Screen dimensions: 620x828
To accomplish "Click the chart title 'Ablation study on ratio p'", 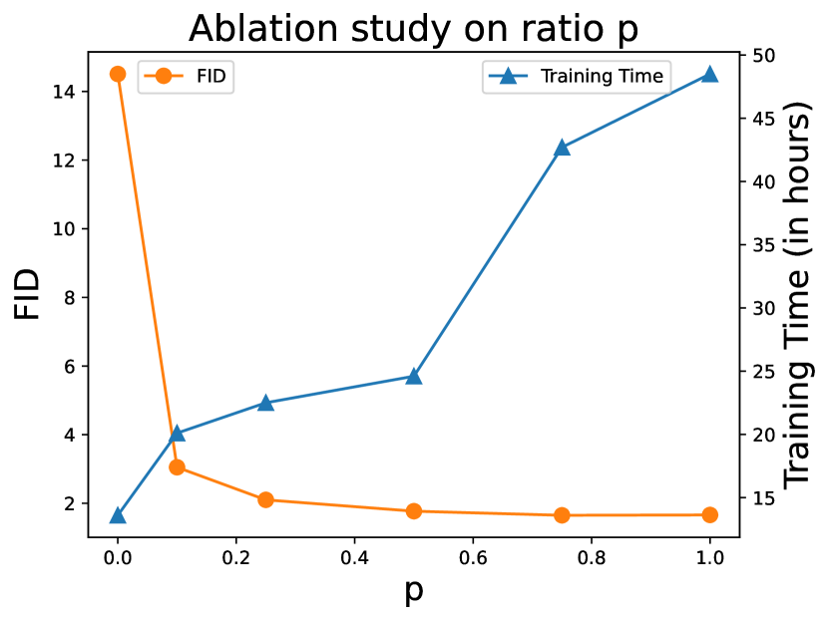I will tap(413, 28).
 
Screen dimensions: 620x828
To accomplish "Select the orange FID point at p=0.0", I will tap(118, 74).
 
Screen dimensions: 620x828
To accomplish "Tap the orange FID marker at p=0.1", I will tap(177, 466).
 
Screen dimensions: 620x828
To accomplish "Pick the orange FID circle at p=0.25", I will tap(265, 499).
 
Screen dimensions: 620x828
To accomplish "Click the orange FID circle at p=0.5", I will tap(414, 511).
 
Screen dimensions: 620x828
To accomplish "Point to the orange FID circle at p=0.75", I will tap(562, 515).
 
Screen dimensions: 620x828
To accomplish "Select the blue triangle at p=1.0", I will tap(709, 74).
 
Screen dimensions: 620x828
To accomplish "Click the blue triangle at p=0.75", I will tap(562, 147).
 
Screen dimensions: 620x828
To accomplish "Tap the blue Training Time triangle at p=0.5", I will tap(414, 376).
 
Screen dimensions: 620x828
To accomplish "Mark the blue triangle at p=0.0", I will tap(118, 515).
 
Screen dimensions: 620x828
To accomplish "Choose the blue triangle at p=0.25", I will tap(265, 403).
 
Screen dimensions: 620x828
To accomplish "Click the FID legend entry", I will tap(186, 76).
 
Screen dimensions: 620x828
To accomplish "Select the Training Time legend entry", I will tap(575, 76).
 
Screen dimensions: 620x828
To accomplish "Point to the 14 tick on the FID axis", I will tap(65, 92).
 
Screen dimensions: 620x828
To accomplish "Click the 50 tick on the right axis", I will tap(759, 55).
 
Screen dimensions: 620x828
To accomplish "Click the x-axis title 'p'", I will tap(413, 591).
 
